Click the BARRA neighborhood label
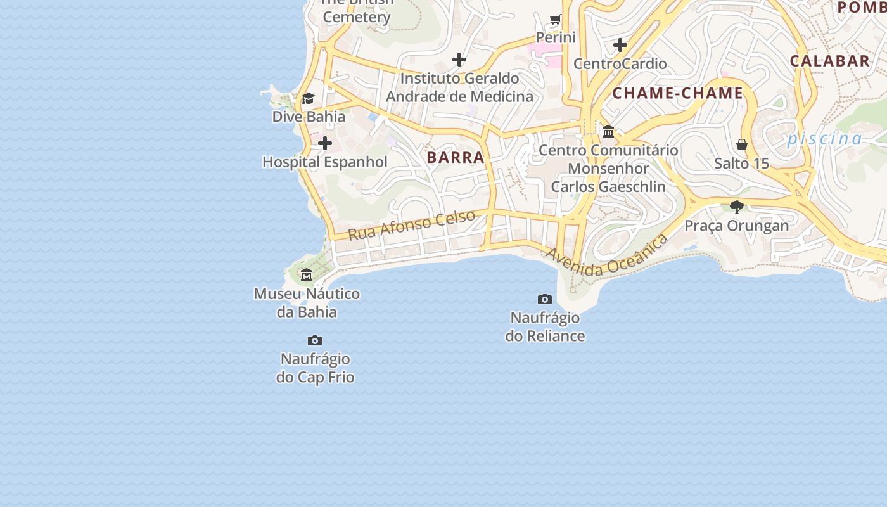pyautogui.click(x=456, y=157)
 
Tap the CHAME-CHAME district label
pyautogui.click(x=677, y=93)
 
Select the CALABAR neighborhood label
pyautogui.click(x=829, y=61)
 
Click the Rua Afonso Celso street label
pyautogui.click(x=411, y=225)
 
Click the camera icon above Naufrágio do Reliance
pyautogui.click(x=545, y=299)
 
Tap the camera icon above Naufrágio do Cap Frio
pyautogui.click(x=315, y=341)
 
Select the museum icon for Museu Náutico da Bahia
pyautogui.click(x=307, y=275)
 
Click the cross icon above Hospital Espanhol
pyautogui.click(x=325, y=143)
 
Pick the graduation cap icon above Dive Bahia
pyautogui.click(x=309, y=98)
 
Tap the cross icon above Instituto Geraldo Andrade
pyautogui.click(x=459, y=60)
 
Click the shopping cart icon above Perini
pyautogui.click(x=556, y=20)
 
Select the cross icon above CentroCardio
pyautogui.click(x=620, y=45)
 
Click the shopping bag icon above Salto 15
pyautogui.click(x=742, y=144)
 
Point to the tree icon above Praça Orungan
pyautogui.click(x=737, y=207)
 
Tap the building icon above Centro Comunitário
pyautogui.click(x=608, y=131)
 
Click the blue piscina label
pyautogui.click(x=825, y=139)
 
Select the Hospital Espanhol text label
pyautogui.click(x=325, y=162)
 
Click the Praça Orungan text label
pyautogui.click(x=737, y=226)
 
